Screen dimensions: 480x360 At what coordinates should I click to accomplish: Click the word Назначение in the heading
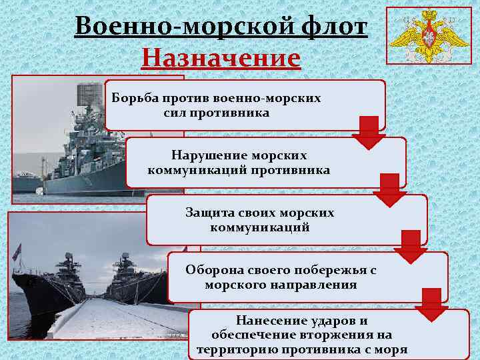221,57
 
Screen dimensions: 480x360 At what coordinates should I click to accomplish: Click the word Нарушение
204,155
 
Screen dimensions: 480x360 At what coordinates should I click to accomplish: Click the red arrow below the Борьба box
369,133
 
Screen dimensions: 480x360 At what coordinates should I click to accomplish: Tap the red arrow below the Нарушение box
389,191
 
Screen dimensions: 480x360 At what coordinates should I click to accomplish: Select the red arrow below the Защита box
411,247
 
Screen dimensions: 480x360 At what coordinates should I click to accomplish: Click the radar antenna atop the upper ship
91,99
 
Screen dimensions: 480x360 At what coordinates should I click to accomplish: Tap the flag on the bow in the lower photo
17,251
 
